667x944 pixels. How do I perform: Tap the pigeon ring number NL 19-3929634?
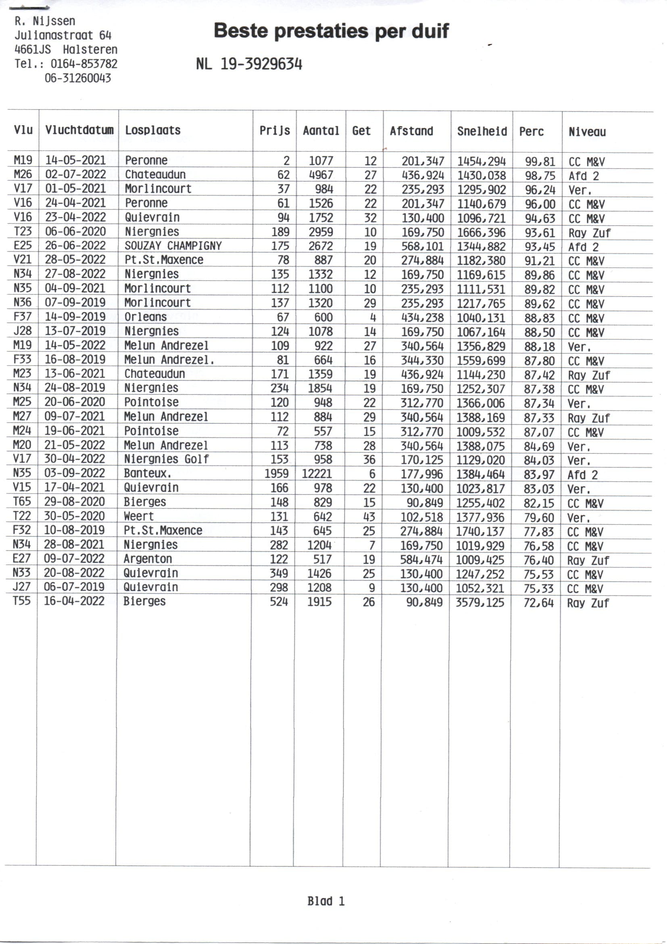click(x=249, y=64)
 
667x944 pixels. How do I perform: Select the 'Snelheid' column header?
click(x=482, y=131)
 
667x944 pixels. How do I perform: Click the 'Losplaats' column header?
click(x=153, y=130)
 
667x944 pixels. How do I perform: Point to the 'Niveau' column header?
click(x=587, y=132)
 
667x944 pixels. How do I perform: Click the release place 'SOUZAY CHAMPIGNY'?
click(x=173, y=246)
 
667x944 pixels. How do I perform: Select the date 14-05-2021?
click(x=75, y=160)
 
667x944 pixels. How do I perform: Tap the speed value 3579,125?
click(x=480, y=602)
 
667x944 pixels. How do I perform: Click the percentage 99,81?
click(x=540, y=162)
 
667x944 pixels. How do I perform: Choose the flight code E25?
click(x=23, y=245)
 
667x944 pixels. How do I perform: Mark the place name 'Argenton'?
click(x=148, y=559)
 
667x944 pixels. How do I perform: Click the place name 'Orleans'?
click(x=146, y=317)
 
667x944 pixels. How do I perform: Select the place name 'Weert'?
click(x=139, y=516)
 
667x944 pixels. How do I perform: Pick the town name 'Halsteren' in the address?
click(x=90, y=50)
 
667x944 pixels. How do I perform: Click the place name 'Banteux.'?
click(x=148, y=473)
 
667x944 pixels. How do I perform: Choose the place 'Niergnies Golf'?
click(x=166, y=459)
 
